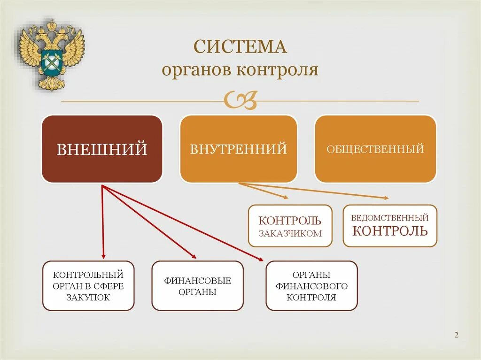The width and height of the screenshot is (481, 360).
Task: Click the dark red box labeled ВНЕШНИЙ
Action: pos(102,149)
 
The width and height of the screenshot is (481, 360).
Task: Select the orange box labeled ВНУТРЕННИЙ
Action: pos(239,149)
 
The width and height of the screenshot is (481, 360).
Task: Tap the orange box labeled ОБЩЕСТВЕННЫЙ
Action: pos(375,149)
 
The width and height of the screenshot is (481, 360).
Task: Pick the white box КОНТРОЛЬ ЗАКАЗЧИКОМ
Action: pos(290,226)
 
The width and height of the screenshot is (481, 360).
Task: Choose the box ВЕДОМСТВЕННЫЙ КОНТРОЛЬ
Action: pos(390,226)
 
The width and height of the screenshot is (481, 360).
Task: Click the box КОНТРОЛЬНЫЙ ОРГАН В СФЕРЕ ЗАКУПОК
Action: pos(88,286)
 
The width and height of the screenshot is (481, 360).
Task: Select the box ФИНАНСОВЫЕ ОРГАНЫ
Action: pos(197,286)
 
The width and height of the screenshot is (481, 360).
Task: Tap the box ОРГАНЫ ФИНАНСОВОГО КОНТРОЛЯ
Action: pos(311,286)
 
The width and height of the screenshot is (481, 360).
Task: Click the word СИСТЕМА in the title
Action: pos(240,48)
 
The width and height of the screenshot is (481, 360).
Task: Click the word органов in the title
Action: pos(197,70)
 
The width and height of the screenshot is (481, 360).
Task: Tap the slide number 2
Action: pos(456,335)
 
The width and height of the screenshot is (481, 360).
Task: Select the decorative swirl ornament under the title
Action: pos(240,100)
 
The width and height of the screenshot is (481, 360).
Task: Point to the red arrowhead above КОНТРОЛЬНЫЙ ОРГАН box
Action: pos(103,256)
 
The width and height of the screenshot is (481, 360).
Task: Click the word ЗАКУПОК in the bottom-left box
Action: pos(88,298)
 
